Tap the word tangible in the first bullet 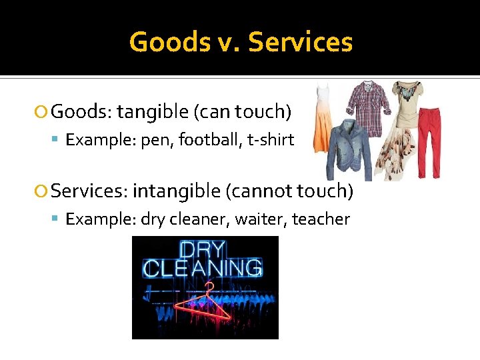point(153,112)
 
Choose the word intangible point(176,191)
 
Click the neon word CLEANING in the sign point(203,269)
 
